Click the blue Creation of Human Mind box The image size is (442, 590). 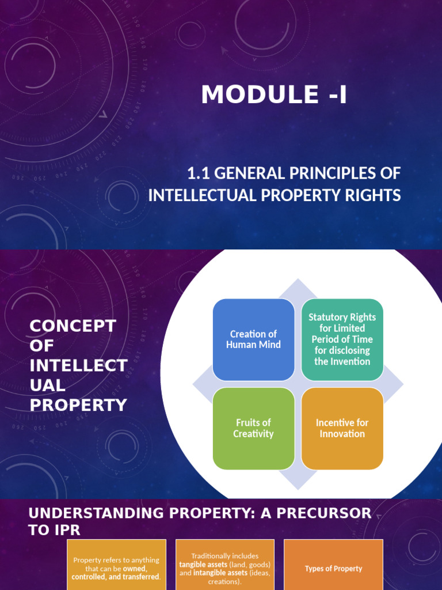click(x=253, y=339)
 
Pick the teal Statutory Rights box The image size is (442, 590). click(x=342, y=339)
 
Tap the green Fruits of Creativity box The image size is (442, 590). click(x=253, y=429)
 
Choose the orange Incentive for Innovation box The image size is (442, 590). click(x=342, y=429)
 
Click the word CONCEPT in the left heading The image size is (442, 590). click(x=73, y=326)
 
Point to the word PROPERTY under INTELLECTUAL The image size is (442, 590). click(x=78, y=405)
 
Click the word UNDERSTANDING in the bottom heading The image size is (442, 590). click(x=96, y=513)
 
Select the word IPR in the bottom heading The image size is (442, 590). click(x=68, y=530)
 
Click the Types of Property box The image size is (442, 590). click(x=333, y=565)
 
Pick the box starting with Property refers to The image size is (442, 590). click(x=116, y=565)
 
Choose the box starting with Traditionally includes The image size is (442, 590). click(x=225, y=565)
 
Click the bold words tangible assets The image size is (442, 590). click(x=203, y=565)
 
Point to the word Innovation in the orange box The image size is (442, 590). click(x=342, y=433)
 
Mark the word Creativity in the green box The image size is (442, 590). click(x=253, y=434)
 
